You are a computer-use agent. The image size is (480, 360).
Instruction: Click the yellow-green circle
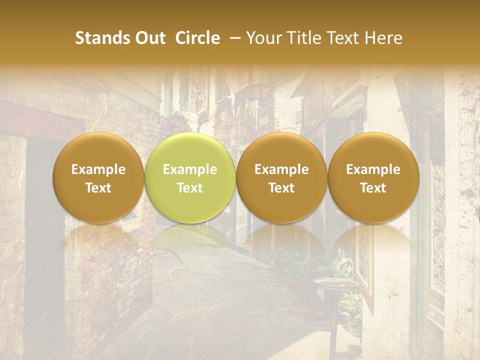click(x=189, y=178)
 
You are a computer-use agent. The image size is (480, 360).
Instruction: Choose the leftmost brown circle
click(x=98, y=178)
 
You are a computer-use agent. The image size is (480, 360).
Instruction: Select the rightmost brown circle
click(x=373, y=178)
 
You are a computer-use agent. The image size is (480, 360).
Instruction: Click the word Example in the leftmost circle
click(x=98, y=169)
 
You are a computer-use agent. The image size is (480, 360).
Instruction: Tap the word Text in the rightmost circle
click(x=373, y=188)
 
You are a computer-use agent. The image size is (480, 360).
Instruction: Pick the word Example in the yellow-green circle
click(x=189, y=169)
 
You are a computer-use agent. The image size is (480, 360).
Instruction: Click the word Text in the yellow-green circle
click(x=189, y=188)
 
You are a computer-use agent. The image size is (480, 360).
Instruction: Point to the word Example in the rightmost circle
click(x=373, y=169)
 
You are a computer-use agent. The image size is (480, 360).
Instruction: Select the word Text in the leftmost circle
click(x=98, y=188)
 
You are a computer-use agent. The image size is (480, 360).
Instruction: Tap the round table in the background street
click(x=335, y=283)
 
